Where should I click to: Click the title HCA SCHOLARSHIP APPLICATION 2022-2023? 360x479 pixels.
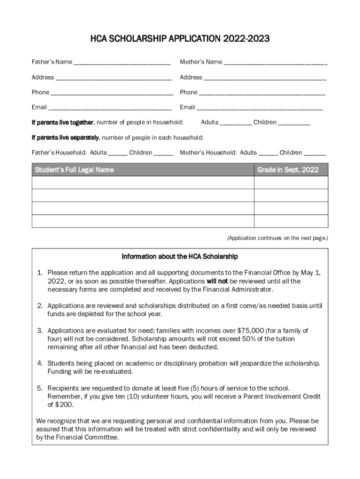click(180, 39)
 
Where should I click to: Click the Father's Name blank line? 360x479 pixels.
click(122, 63)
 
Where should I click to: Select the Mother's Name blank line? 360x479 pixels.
click(275, 63)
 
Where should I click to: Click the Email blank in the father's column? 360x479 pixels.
click(110, 108)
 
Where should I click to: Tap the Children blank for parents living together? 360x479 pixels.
click(294, 123)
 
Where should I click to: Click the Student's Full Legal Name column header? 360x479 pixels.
click(74, 170)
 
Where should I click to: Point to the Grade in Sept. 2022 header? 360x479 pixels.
click(288, 170)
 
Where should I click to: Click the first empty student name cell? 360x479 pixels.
click(143, 182)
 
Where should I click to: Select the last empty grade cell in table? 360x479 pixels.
click(291, 221)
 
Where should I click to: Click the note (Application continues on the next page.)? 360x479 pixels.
click(278, 238)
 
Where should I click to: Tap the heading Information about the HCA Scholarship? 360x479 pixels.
click(180, 257)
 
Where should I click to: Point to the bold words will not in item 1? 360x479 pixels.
click(217, 282)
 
